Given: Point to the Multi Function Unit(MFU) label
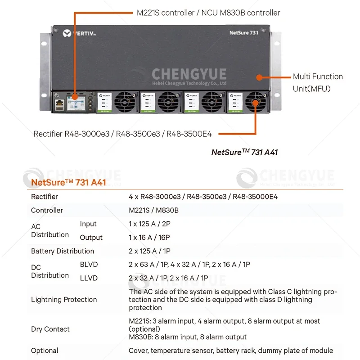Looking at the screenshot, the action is tap(318, 82).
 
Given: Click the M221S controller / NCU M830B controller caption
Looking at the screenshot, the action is tap(208, 13).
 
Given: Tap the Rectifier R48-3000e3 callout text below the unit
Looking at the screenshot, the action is tap(126, 134).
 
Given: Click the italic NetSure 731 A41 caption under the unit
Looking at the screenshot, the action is tap(244, 152).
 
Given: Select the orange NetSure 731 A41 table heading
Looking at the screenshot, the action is tap(68, 183).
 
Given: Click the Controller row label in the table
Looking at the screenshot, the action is tap(47, 210).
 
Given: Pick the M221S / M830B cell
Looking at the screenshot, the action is tap(154, 210).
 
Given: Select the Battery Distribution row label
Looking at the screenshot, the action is tap(63, 251).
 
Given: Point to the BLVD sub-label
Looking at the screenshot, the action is tap(89, 265).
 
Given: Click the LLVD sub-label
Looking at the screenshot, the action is tap(89, 278).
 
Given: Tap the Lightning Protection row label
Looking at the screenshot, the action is tap(64, 300).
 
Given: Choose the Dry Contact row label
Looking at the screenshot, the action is tap(50, 329).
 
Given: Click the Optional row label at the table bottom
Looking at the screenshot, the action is tap(45, 351).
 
